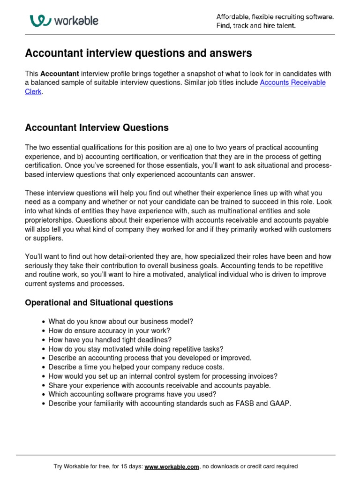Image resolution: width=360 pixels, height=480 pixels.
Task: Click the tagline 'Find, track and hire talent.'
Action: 256,26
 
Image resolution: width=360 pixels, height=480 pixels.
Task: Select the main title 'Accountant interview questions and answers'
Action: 138,53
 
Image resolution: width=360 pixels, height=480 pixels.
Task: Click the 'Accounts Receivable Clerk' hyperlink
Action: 292,82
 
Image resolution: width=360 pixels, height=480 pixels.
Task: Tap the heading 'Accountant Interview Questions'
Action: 97,127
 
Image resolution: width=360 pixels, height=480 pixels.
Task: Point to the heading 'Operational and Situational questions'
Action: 99,303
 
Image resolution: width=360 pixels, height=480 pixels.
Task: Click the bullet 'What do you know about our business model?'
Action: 120,322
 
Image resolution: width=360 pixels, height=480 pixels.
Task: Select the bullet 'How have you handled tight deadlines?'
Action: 110,340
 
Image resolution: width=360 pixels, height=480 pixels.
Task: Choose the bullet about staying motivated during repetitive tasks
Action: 136,349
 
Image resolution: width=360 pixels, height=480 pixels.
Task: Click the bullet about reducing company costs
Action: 136,367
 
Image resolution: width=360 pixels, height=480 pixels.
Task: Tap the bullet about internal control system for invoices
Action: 163,376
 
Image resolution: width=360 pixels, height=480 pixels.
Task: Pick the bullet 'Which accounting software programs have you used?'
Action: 132,394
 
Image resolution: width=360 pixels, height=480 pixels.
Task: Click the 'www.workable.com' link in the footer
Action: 172,466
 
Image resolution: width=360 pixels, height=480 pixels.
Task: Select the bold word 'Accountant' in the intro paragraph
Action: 60,74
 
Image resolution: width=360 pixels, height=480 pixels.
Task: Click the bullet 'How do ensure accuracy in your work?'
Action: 109,330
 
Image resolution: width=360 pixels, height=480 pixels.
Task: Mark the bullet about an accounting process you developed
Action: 150,358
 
